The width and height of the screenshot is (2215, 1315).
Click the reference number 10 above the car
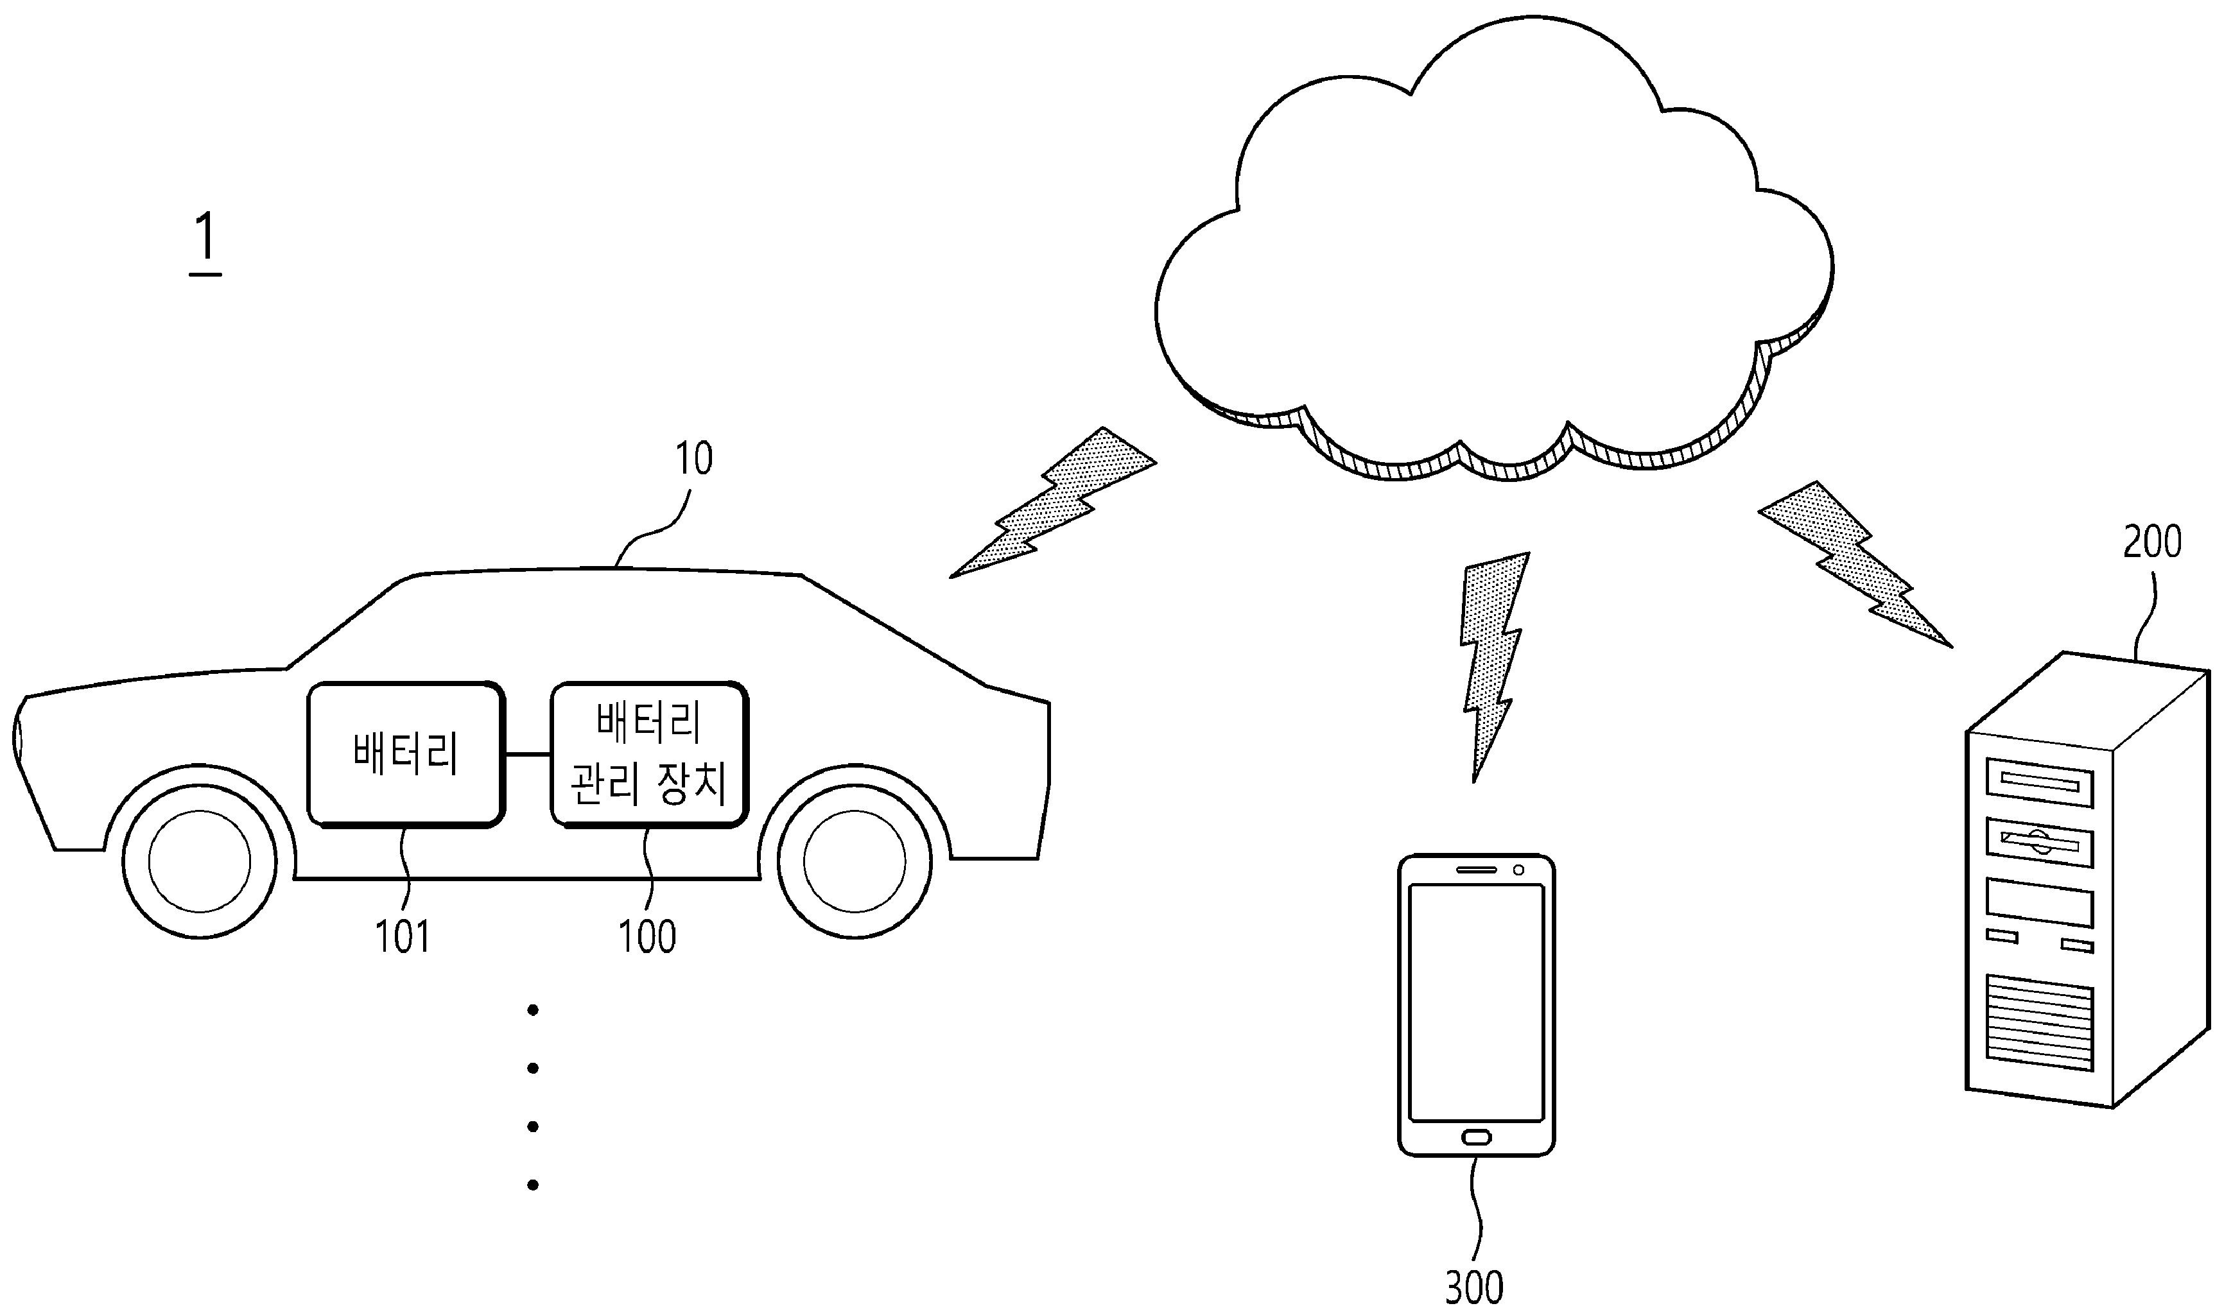coord(693,459)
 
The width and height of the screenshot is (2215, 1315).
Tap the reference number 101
coord(403,936)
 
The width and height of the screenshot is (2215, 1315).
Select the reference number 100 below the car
coord(647,936)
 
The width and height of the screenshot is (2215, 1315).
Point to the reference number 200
coord(2152,542)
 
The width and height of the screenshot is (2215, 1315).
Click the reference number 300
coord(1474,1287)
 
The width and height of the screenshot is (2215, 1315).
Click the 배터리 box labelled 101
coord(406,755)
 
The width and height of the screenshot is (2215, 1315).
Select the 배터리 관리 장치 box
coord(650,755)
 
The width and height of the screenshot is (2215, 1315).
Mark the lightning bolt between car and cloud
coord(1053,503)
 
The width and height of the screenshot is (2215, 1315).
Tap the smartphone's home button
coord(1476,1137)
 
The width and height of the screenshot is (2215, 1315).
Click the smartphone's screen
coord(1476,1003)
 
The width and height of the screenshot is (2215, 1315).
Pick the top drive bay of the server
coord(2040,784)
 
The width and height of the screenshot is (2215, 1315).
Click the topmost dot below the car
coord(533,1010)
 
